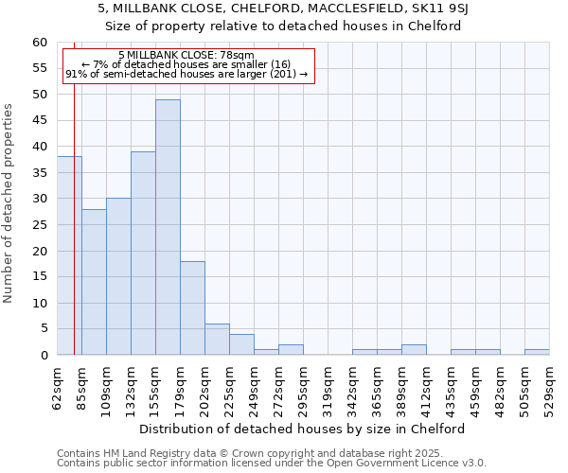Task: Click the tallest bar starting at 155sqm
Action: [x=168, y=227]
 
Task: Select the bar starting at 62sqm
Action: [x=69, y=255]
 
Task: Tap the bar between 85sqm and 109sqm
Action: [x=94, y=282]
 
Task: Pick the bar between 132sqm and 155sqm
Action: [x=143, y=254]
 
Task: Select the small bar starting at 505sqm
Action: [x=537, y=353]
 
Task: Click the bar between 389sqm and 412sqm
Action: [x=414, y=350]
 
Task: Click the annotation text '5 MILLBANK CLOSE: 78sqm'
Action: [x=186, y=56]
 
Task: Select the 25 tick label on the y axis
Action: [x=40, y=225]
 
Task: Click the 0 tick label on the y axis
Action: [x=44, y=356]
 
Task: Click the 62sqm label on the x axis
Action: [x=57, y=388]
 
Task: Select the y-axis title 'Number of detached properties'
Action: [x=9, y=203]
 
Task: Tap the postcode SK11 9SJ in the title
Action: [x=454, y=8]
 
